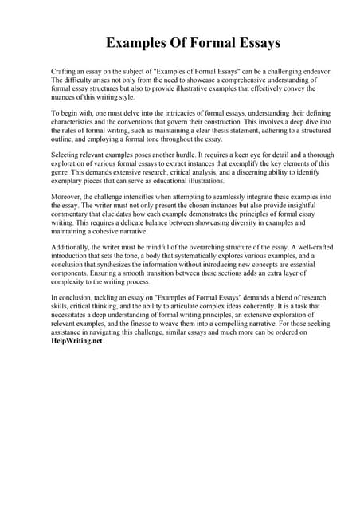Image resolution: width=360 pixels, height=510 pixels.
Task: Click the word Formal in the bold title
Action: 204,42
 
